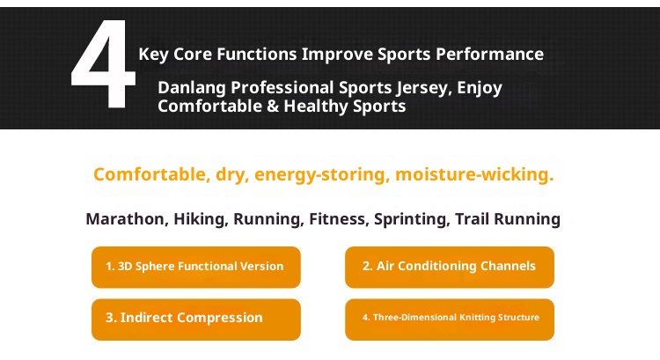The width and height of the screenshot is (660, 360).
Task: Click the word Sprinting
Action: point(411,219)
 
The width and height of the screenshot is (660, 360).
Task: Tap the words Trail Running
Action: point(508,219)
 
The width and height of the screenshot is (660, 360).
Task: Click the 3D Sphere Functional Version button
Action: point(195,267)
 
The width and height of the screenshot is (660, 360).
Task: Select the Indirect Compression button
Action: point(195,319)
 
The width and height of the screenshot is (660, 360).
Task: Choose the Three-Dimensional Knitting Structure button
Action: point(450,319)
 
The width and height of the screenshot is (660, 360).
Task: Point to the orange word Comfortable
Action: point(150,174)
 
